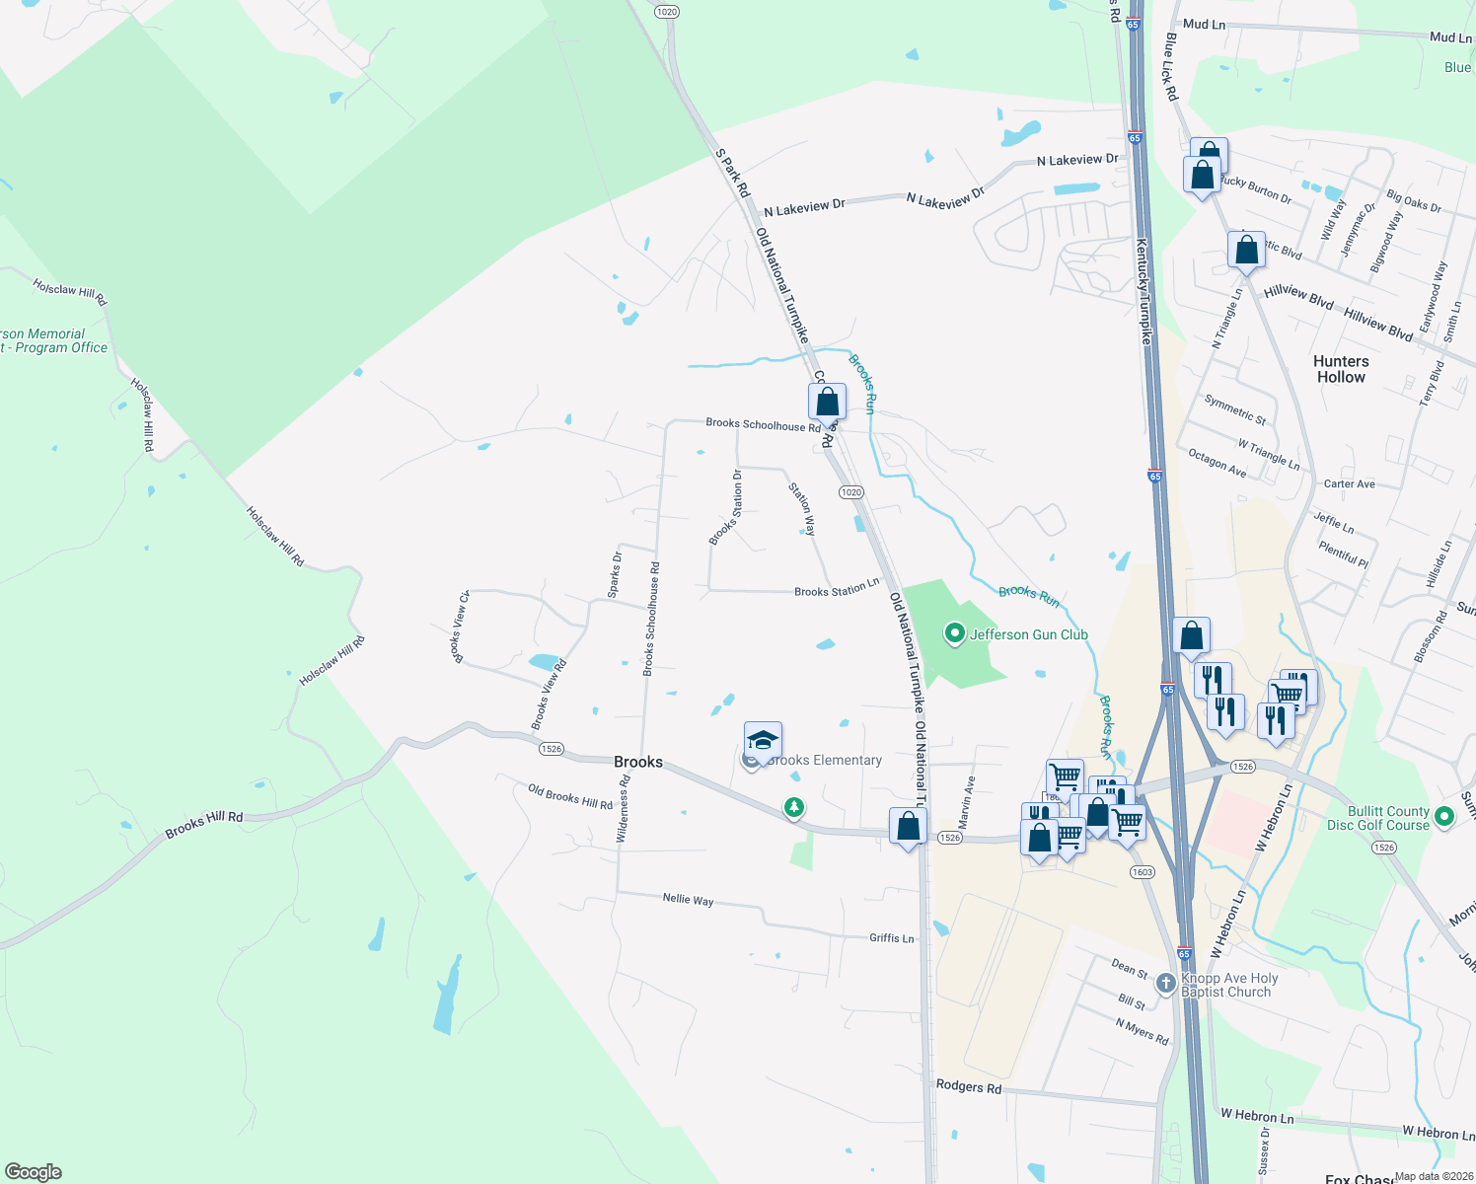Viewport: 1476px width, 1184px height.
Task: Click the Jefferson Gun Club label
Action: coord(1028,634)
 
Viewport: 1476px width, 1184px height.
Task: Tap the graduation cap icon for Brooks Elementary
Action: coord(763,740)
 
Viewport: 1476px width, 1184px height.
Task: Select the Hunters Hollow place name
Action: coord(1341,369)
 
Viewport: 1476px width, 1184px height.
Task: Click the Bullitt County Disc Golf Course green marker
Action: coord(1444,816)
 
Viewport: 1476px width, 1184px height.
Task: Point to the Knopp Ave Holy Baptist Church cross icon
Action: coord(1166,983)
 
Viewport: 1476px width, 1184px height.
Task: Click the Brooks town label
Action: coord(638,762)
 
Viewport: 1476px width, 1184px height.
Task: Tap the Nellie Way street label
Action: coord(688,899)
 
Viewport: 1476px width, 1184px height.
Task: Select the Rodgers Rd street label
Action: coord(968,1086)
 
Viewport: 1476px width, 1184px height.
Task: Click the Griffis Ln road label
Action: coord(892,938)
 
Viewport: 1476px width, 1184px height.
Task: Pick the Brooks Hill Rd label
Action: coord(203,824)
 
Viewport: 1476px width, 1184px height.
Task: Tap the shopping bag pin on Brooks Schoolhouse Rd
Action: coord(827,402)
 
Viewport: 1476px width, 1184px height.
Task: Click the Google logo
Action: coord(34,1172)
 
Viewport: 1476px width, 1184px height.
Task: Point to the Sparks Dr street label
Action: coord(615,575)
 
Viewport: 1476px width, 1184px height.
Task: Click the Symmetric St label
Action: coord(1234,408)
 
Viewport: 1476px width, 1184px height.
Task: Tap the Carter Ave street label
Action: coord(1349,484)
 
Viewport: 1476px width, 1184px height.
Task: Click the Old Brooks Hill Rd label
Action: coord(569,796)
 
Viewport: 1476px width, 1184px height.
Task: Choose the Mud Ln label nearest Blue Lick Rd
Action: coord(1204,24)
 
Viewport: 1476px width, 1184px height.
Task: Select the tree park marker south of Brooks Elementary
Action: coord(793,808)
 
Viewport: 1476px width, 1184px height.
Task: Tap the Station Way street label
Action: coord(802,509)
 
